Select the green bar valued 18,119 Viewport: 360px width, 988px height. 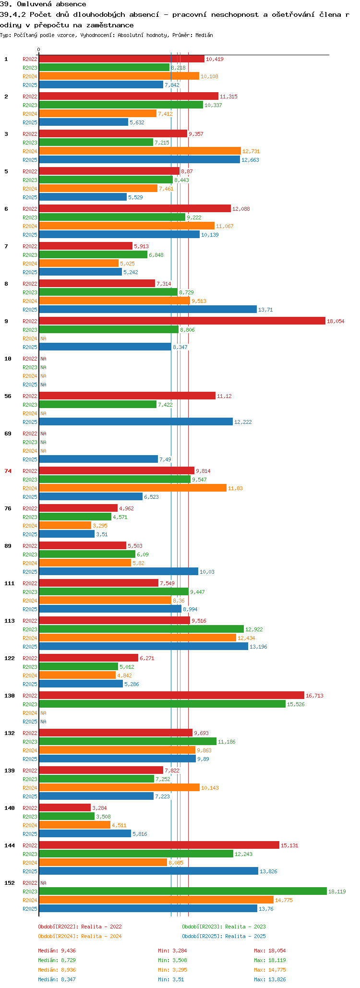(x=182, y=892)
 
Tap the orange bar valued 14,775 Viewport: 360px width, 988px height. (x=156, y=900)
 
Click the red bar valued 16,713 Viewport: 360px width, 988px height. (x=171, y=696)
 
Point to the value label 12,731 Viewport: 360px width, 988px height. (x=251, y=151)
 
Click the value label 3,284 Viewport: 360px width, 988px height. (x=99, y=808)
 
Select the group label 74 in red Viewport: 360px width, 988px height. (x=8, y=471)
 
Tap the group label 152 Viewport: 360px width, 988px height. (x=10, y=883)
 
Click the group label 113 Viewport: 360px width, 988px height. (x=10, y=621)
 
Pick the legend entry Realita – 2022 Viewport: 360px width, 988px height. (x=80, y=927)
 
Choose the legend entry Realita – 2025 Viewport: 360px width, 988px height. (x=224, y=936)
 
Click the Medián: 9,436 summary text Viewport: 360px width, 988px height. (x=57, y=951)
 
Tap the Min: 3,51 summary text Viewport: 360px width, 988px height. (x=171, y=979)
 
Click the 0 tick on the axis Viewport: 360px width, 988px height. (x=39, y=49)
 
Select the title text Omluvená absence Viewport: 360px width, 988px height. (x=51, y=4)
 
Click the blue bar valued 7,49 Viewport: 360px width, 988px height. (x=98, y=459)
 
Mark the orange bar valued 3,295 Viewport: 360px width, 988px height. (x=65, y=526)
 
